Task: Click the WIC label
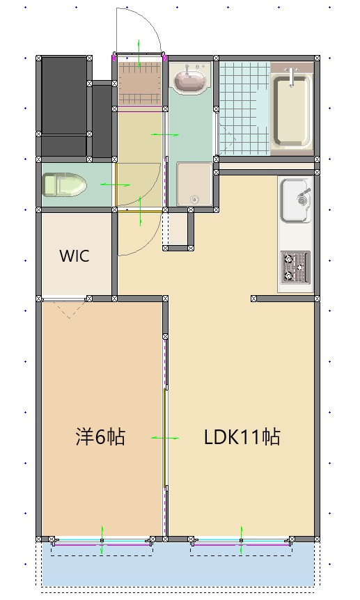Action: coord(74,255)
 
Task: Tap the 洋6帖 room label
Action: coord(100,437)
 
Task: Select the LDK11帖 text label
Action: coord(242,437)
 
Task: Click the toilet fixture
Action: coord(63,186)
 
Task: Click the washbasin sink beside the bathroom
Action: coord(189,80)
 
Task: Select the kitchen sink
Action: coord(295,200)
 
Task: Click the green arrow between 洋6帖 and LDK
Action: coord(165,438)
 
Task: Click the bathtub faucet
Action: coord(291,71)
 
